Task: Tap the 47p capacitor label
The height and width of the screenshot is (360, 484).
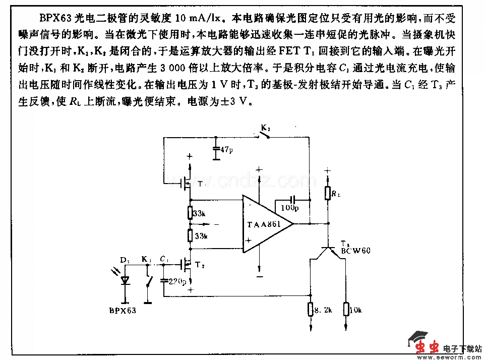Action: (x=226, y=150)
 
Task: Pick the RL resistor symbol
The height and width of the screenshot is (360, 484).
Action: (x=328, y=192)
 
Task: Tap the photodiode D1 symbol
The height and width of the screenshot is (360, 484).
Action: (x=124, y=280)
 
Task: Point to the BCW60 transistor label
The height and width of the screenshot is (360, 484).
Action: (x=355, y=250)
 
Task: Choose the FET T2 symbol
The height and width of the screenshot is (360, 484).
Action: (x=185, y=263)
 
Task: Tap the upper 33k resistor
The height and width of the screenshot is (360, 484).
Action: (x=190, y=213)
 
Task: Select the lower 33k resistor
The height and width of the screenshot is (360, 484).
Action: (x=190, y=235)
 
